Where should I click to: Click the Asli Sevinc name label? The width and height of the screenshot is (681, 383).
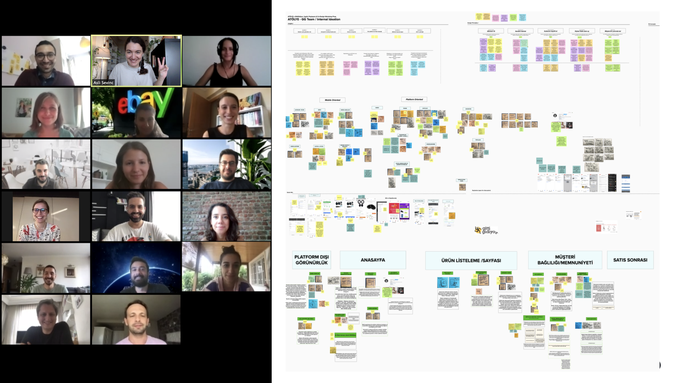(103, 83)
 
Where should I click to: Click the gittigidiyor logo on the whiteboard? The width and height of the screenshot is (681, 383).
(486, 230)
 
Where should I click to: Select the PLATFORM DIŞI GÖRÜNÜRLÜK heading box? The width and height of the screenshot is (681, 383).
(311, 260)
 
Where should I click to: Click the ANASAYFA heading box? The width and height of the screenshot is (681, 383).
(373, 260)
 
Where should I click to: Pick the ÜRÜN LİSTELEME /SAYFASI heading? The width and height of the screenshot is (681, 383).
(471, 260)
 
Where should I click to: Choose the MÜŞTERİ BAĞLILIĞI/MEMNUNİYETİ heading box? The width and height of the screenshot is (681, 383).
(565, 260)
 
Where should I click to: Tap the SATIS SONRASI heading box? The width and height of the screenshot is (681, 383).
(630, 260)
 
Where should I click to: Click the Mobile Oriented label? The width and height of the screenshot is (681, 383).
(332, 100)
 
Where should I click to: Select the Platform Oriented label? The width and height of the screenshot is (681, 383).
(414, 99)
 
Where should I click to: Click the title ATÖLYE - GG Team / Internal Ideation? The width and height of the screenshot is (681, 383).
(314, 19)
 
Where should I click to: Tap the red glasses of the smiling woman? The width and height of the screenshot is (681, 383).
(40, 211)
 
